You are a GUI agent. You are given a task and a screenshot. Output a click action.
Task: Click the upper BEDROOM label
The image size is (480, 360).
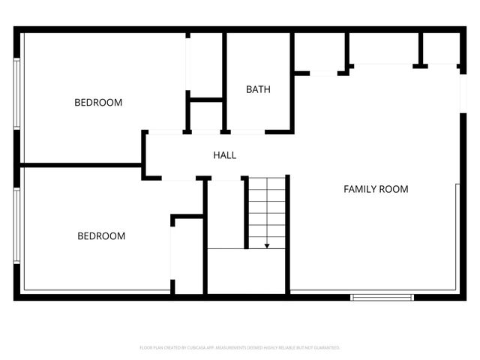click(97, 103)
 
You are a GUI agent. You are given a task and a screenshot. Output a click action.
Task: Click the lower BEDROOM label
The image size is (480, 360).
click(101, 236)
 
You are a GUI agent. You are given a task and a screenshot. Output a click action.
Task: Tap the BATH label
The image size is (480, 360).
click(258, 90)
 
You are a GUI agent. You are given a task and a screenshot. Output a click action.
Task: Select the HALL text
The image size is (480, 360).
click(225, 155)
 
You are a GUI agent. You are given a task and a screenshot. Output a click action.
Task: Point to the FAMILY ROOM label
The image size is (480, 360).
click(376, 189)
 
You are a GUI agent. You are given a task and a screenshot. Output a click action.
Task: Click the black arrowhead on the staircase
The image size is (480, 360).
click(267, 244)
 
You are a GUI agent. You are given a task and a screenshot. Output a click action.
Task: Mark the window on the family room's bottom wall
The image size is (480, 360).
click(382, 297)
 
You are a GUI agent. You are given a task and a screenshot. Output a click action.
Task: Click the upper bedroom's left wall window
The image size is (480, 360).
click(16, 94)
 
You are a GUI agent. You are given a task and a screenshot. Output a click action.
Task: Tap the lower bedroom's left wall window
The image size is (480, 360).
click(16, 225)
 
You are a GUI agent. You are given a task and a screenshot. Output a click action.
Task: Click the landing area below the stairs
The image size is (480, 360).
click(246, 271)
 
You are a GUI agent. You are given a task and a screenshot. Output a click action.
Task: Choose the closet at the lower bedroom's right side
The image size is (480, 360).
click(187, 255)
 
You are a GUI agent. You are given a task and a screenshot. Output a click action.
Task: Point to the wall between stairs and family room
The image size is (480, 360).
click(288, 232)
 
